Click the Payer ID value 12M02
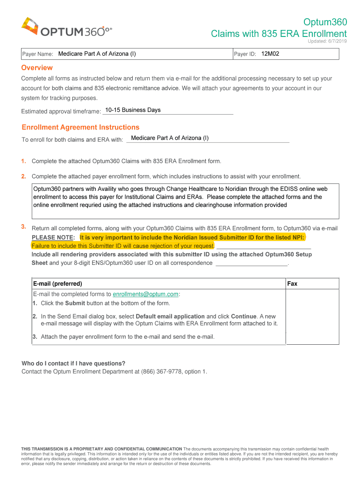(270, 54)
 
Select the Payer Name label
(38, 54)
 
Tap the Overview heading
(37, 68)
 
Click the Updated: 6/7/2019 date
(327, 41)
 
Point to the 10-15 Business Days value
(133, 110)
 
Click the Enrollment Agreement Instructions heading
(80, 127)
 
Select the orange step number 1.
(23, 161)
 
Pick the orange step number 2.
(23, 176)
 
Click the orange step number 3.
(23, 227)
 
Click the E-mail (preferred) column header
(58, 283)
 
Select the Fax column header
(292, 283)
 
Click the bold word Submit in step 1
(75, 303)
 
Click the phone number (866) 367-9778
(155, 371)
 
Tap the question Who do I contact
(73, 363)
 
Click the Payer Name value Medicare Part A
(97, 54)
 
